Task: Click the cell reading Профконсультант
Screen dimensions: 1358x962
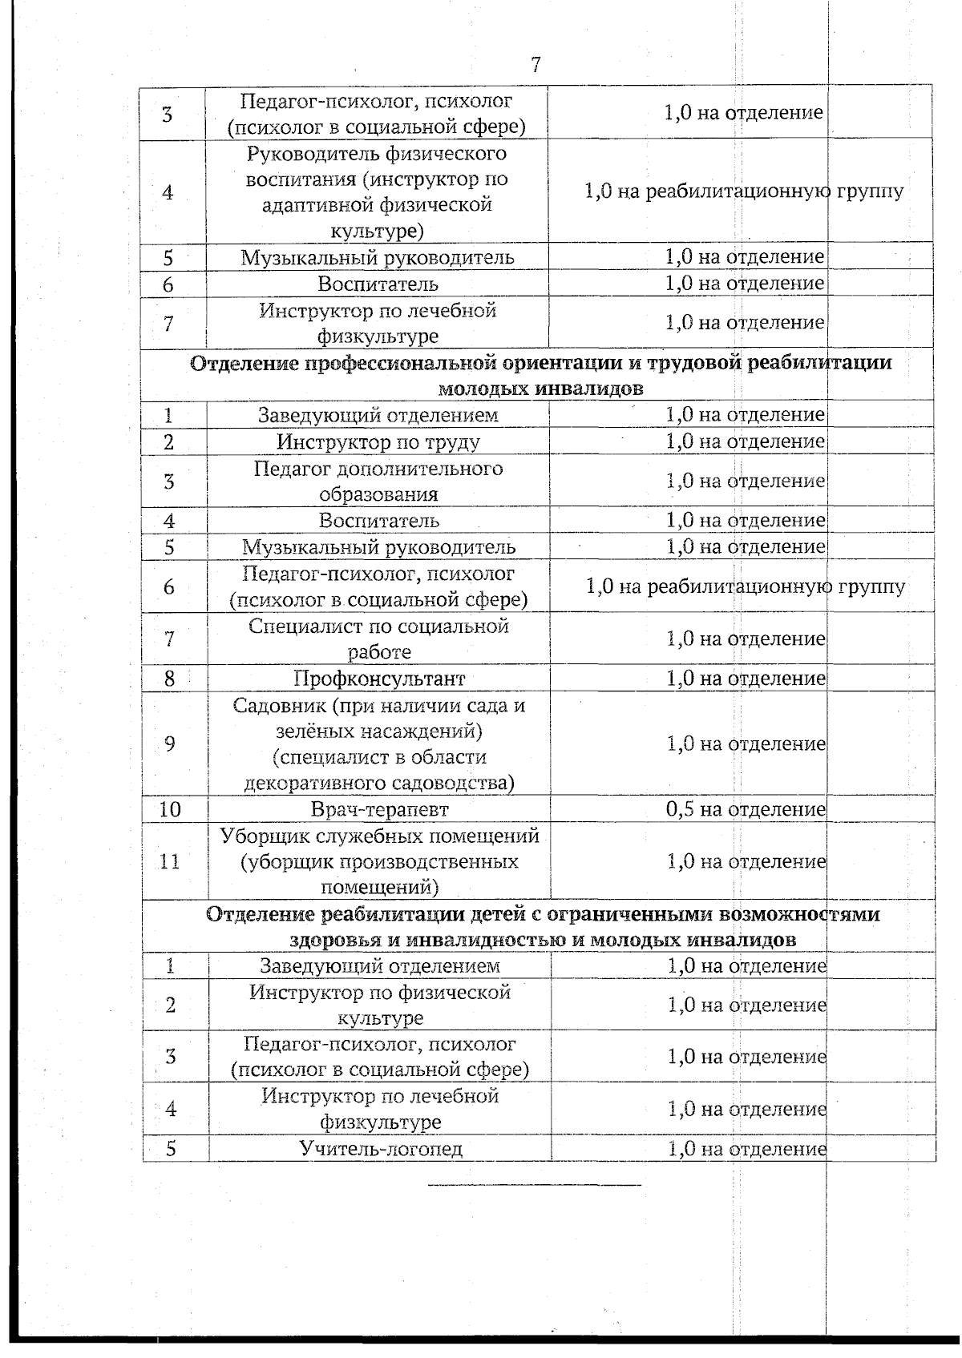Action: coord(378,679)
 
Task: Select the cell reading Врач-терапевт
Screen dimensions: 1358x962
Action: coord(379,809)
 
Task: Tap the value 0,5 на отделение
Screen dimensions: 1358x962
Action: coord(745,809)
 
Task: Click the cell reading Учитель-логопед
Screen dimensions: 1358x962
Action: coord(381,1149)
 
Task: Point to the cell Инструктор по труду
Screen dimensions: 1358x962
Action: coord(378,441)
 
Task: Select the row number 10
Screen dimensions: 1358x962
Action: coord(170,809)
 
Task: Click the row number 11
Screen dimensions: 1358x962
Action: coord(170,861)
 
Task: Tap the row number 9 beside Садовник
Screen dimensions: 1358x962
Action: coord(170,743)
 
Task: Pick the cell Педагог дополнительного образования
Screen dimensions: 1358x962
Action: coord(378,481)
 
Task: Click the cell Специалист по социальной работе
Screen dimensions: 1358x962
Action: coord(378,639)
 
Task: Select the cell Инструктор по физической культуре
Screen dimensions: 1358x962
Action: coord(380,1005)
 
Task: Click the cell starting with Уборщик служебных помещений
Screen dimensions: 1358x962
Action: coord(379,861)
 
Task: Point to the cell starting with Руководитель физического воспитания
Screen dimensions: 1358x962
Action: coord(377,191)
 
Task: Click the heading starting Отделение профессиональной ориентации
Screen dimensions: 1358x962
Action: coord(540,375)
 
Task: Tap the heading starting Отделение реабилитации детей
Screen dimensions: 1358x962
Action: coord(542,926)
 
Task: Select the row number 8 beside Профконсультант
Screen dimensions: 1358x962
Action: coord(170,679)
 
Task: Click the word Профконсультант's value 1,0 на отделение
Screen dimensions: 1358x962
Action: coord(745,679)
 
